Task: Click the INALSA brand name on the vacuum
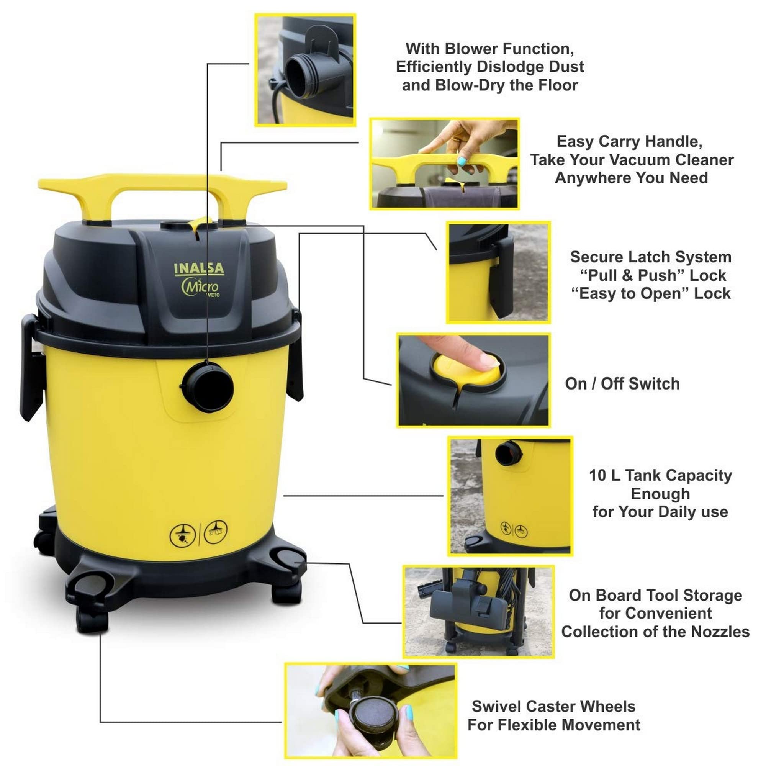pos(199,268)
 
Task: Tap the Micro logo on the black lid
pos(200,286)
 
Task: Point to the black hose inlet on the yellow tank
pos(207,386)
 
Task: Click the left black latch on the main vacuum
pos(31,367)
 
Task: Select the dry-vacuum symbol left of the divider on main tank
pos(183,535)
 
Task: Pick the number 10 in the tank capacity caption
pos(598,475)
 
